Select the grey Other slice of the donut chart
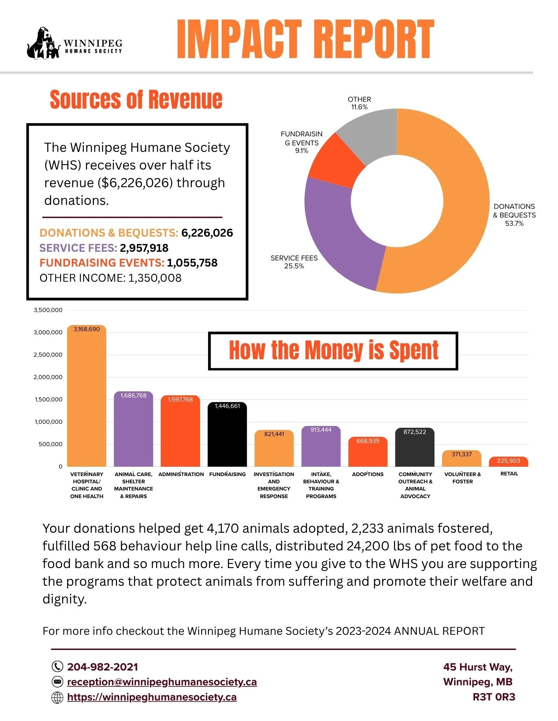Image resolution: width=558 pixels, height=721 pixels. tap(372, 133)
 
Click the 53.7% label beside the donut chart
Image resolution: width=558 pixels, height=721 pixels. tap(514, 224)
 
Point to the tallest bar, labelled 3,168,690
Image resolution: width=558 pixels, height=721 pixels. tap(87, 397)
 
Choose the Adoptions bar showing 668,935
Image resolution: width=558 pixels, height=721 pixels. tap(368, 453)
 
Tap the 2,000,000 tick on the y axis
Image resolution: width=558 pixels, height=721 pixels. tap(48, 377)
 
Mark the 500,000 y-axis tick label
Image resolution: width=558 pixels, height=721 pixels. tap(50, 444)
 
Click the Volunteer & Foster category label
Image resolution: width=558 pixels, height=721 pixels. tap(462, 478)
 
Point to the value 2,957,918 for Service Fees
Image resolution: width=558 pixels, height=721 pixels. tap(144, 248)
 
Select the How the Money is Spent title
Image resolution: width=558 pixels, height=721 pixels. tap(333, 351)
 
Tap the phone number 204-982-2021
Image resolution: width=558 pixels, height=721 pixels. tap(102, 667)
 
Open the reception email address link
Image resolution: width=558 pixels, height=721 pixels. tap(162, 682)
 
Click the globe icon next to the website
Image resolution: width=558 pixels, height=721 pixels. tap(57, 698)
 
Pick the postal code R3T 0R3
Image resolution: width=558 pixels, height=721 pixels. tap(494, 697)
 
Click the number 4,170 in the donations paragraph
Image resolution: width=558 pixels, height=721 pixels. tap(222, 528)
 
